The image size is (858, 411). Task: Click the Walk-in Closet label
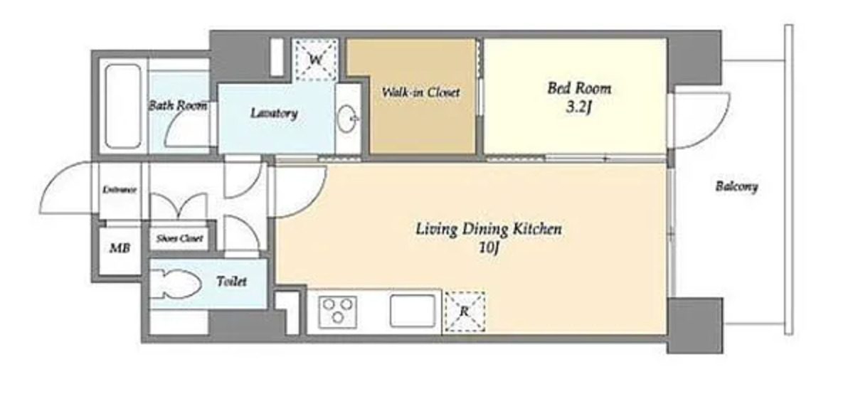coord(420,92)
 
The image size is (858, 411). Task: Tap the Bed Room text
coord(579,88)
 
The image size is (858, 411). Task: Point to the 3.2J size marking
coord(579,107)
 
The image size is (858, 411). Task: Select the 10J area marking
coord(489,247)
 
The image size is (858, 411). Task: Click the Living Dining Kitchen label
coord(489,229)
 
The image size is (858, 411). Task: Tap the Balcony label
coord(736,187)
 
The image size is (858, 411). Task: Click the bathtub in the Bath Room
coord(123,107)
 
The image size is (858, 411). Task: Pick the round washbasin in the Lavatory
coord(347,119)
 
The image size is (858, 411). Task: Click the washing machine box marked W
coord(316,59)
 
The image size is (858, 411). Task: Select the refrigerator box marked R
coord(465,311)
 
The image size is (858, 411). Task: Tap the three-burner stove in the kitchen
coord(337,311)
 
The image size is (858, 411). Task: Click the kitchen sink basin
coord(413,311)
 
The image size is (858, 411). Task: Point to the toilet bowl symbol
coord(176,284)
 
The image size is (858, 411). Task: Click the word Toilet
coord(231,282)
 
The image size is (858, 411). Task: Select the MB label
coord(120,248)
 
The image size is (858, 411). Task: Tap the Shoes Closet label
coord(179,238)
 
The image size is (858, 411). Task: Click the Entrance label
coord(120,190)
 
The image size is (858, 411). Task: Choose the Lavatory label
coord(274,113)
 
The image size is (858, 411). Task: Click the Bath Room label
coord(177,105)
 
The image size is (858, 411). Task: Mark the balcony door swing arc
coord(716,130)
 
